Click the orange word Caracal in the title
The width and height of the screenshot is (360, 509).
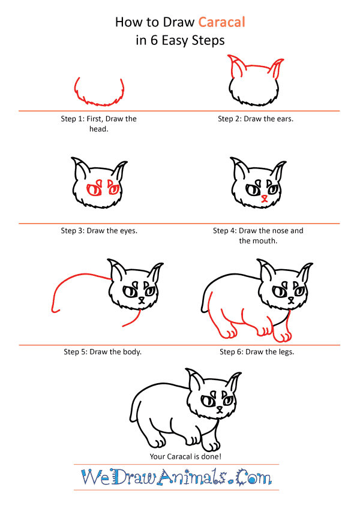click(x=221, y=22)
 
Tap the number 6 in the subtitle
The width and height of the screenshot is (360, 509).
click(x=154, y=41)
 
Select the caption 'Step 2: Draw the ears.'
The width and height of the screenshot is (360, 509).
click(x=256, y=119)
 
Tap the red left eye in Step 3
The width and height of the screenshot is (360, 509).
click(x=94, y=189)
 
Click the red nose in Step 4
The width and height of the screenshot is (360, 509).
click(x=265, y=197)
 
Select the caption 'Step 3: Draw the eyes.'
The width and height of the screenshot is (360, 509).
click(x=99, y=231)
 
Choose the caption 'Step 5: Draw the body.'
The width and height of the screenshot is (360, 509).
click(x=103, y=352)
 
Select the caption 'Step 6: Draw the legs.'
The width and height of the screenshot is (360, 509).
click(x=257, y=352)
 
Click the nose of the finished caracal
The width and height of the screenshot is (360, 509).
click(x=220, y=408)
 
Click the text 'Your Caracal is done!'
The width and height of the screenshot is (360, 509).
click(x=185, y=456)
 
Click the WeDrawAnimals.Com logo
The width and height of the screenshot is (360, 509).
click(x=176, y=477)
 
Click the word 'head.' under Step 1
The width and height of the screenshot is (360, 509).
click(x=99, y=129)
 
